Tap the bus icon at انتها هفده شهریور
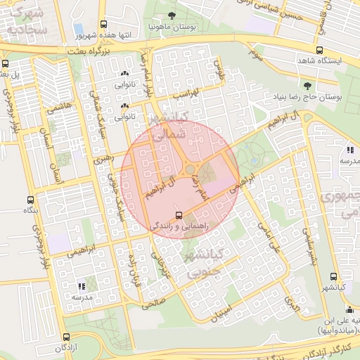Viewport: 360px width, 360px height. (104, 24)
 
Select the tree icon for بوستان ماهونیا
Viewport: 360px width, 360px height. (172, 15)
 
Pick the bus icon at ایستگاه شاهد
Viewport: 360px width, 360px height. (320, 50)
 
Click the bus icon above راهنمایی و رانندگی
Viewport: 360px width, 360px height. (178, 214)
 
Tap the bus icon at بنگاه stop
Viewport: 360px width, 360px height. (30, 200)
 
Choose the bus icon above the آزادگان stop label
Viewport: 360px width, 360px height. (66, 337)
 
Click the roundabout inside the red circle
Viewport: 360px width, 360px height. (190, 169)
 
